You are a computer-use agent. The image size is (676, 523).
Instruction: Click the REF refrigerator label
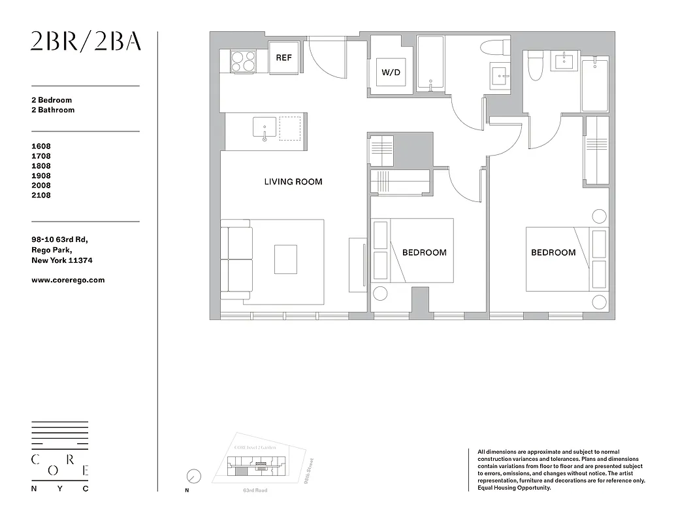[283, 58]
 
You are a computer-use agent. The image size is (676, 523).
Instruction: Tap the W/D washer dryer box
[391, 73]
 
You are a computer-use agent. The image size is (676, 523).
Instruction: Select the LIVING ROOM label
[293, 182]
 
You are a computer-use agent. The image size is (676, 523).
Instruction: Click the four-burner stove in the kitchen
[244, 62]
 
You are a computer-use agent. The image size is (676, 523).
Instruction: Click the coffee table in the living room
[285, 259]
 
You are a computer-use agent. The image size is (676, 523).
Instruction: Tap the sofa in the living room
[236, 260]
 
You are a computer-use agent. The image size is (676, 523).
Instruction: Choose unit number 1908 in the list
[40, 176]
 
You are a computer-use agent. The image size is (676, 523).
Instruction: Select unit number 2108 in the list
[40, 195]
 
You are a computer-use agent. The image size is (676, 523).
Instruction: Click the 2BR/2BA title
[86, 41]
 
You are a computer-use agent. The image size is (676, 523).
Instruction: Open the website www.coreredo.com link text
[68, 280]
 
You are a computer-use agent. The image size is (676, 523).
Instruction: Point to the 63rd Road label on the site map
[255, 490]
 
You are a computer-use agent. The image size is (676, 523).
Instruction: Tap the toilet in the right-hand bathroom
[535, 67]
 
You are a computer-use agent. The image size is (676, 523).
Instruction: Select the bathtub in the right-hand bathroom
[594, 84]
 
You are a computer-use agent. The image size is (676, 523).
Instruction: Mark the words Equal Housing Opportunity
[514, 488]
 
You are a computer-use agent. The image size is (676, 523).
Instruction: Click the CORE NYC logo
[60, 456]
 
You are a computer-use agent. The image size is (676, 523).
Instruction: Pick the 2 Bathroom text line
[53, 110]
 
